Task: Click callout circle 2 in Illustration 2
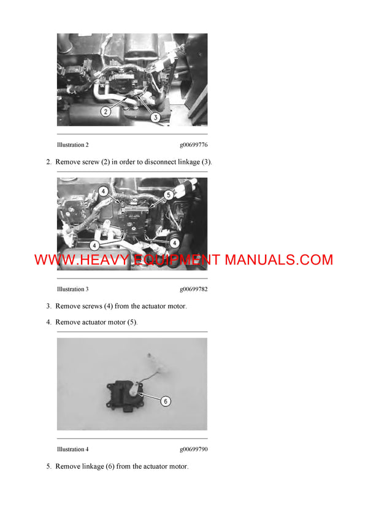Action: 105,112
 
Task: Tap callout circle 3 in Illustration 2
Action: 156,117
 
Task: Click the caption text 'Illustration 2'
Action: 72,145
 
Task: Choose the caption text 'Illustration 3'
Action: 72,289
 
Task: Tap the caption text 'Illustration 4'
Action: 72,449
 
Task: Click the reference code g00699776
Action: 193,145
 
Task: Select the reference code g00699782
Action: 193,289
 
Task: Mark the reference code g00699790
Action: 193,449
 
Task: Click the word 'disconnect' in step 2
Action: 162,162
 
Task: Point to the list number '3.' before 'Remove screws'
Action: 48,306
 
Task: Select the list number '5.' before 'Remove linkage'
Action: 48,466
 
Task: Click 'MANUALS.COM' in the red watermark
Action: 279,260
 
